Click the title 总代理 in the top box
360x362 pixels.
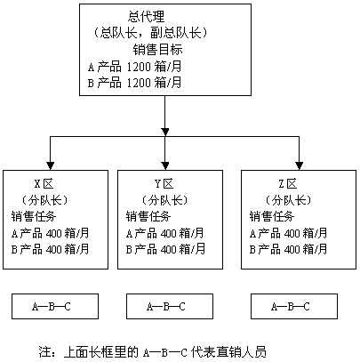(x=146, y=17)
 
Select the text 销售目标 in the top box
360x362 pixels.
(x=157, y=49)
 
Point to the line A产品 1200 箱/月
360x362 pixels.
(x=134, y=67)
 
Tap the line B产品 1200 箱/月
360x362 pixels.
(x=134, y=83)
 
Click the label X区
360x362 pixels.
(x=44, y=184)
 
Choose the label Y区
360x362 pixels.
(x=164, y=184)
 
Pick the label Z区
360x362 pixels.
(x=288, y=184)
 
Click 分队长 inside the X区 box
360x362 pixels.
(x=45, y=200)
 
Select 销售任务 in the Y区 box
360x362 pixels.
(x=148, y=217)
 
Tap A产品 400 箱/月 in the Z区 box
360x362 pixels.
(x=288, y=233)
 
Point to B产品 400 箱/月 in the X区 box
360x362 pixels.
(x=50, y=249)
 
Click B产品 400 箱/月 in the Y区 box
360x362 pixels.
(x=165, y=249)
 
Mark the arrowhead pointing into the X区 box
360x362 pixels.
(x=51, y=165)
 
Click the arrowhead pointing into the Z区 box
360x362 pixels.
(x=300, y=165)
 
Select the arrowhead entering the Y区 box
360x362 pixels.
(x=165, y=165)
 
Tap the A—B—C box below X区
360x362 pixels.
(x=55, y=307)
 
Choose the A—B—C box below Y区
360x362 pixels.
(x=170, y=307)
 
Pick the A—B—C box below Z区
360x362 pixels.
(x=294, y=307)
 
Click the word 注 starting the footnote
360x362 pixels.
(x=44, y=352)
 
